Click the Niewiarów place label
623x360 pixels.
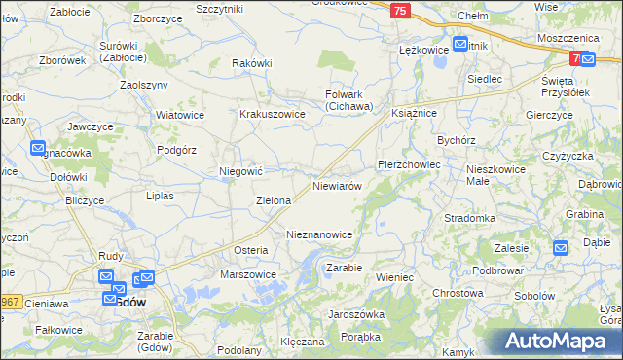(x=337, y=185)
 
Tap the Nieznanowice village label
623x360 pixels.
(x=325, y=235)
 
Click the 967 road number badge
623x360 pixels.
(x=9, y=302)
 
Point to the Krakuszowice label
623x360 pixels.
(x=273, y=114)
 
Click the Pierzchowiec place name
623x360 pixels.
(x=409, y=165)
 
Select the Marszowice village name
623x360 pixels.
(x=248, y=274)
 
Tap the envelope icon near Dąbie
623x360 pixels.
(x=561, y=248)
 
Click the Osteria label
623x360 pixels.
(x=250, y=250)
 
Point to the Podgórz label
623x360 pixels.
(x=177, y=150)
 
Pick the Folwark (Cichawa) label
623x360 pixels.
(x=348, y=99)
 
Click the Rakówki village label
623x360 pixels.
(x=251, y=63)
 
